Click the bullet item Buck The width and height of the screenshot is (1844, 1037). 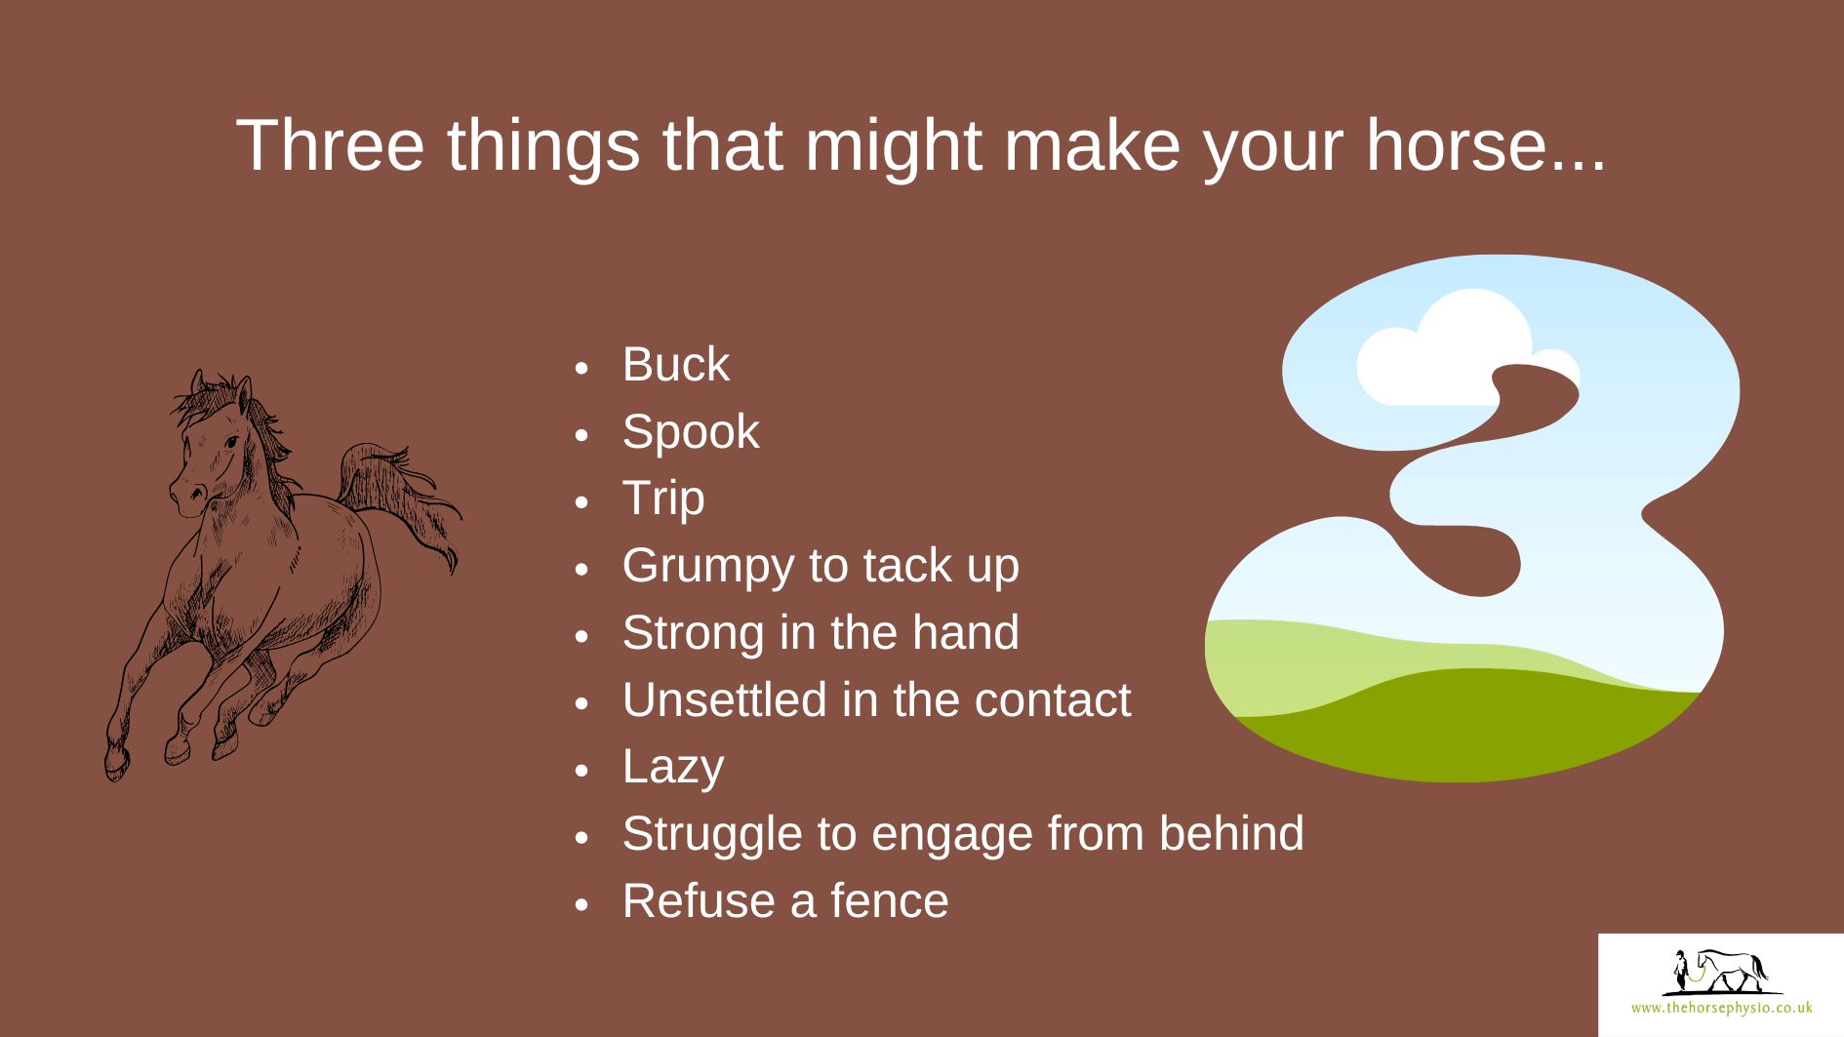tap(675, 365)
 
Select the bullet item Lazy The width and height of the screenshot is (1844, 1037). tap(673, 768)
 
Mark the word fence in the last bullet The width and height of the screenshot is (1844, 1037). tap(889, 900)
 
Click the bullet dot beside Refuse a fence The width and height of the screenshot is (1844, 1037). tap(582, 904)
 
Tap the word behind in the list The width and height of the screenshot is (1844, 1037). tap(1231, 834)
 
